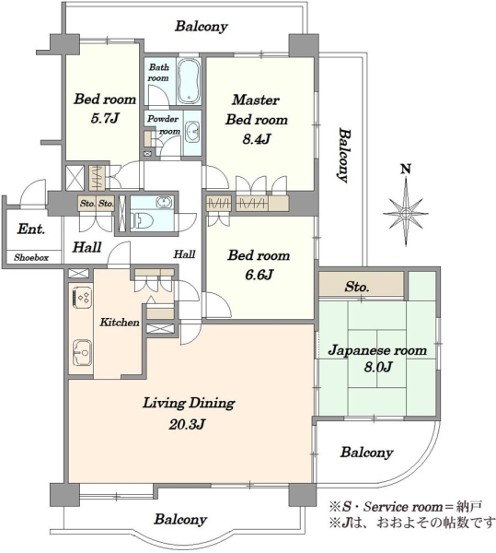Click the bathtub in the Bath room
point(189,80)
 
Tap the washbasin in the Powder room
point(192,132)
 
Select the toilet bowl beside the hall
point(143,221)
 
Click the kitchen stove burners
point(83,298)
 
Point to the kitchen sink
point(83,352)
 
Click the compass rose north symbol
point(406,213)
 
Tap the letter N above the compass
point(406,170)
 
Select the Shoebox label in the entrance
point(31,258)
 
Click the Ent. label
point(31,229)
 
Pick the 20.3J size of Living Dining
point(187,424)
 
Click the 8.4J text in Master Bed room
point(257,139)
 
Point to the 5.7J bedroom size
point(105,119)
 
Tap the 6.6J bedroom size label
point(260,275)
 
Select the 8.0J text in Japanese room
point(377,367)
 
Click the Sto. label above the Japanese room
point(357,287)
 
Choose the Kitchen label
point(120,322)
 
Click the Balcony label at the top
point(202,27)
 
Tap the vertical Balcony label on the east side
point(345,155)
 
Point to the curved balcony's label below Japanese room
point(366,453)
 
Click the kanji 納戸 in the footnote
point(470,507)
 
